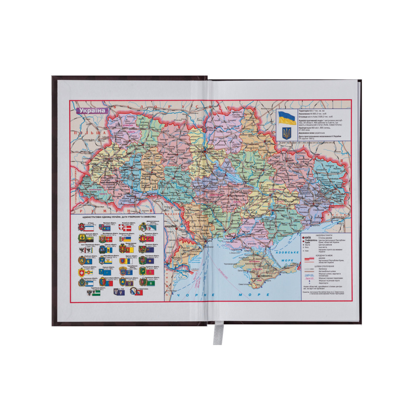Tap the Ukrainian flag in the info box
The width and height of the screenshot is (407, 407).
click(287, 118)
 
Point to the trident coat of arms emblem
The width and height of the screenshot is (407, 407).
click(287, 132)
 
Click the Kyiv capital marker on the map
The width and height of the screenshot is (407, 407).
click(203, 151)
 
